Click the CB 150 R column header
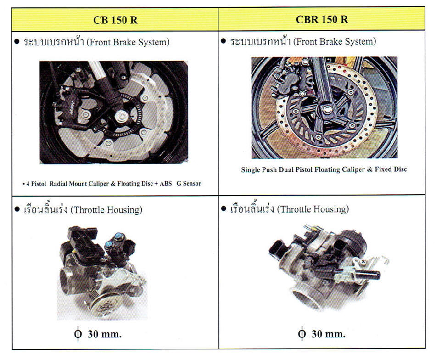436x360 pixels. (115, 20)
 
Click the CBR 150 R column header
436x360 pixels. (322, 19)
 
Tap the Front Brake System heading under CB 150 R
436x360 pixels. (96, 42)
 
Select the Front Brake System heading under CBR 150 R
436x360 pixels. (303, 41)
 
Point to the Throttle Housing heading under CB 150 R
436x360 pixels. (83, 209)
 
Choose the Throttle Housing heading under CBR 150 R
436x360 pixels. (290, 208)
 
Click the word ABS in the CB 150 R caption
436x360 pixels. (166, 183)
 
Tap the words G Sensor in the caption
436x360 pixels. (189, 183)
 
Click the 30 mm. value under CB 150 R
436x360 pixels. (105, 334)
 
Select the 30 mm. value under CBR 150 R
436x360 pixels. (329, 334)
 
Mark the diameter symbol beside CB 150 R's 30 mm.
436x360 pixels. (78, 333)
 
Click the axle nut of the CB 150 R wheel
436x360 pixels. (122, 116)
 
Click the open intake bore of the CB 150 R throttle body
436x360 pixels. (65, 281)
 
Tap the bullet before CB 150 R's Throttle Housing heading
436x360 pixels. (17, 209)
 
